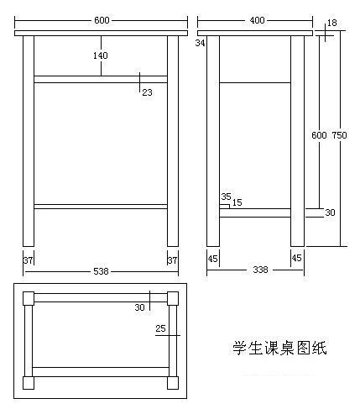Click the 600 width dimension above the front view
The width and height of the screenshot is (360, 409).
coord(102,20)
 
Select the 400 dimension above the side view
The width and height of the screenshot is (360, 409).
coord(257,20)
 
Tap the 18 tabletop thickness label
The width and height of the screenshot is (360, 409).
coord(332,23)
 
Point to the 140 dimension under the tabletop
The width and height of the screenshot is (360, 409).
coord(101,55)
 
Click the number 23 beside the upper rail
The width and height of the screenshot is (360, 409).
coord(148,92)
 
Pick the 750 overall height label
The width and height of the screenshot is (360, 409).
coord(340,135)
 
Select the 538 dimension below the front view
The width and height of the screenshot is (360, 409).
coord(101,271)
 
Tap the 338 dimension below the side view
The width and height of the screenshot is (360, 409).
coord(260,270)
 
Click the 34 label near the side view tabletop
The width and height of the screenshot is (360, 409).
coord(201,43)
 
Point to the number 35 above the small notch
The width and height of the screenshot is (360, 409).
coord(226,197)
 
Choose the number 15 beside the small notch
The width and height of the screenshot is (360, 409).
coord(237,202)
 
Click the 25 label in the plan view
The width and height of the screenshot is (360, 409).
coord(160,328)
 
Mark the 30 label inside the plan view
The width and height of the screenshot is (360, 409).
coord(140,307)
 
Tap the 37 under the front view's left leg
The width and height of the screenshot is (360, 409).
coord(28,260)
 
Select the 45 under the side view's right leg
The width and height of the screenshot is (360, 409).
coord(297,258)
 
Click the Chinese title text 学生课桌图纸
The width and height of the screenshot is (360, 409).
coord(279,348)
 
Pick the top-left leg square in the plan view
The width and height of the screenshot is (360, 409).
coord(29,298)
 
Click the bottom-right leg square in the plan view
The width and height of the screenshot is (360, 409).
coord(173,383)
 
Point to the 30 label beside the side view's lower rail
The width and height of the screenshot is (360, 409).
coord(330,212)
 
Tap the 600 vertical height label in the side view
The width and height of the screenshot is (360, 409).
coord(319,135)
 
